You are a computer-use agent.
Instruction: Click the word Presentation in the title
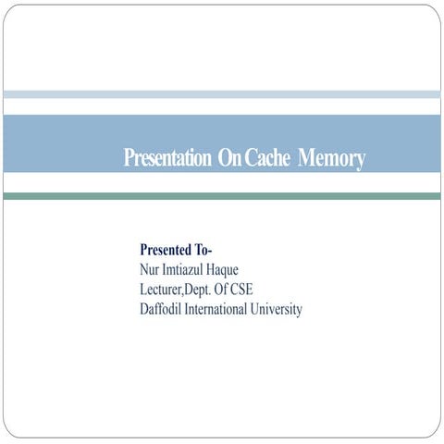167,157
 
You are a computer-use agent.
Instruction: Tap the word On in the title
229,157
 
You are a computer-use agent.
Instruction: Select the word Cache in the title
267,157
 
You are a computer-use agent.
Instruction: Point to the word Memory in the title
331,159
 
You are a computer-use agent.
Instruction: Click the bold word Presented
166,250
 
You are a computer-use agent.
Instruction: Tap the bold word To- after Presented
203,250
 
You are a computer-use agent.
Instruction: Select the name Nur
150,269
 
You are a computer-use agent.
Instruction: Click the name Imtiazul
182,269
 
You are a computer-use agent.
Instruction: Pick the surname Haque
222,271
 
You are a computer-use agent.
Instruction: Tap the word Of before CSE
221,290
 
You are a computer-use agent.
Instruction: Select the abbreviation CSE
242,290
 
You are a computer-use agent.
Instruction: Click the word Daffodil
160,309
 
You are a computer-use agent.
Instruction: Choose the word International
216,309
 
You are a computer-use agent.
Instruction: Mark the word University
276,310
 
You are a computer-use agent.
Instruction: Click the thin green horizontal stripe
222,196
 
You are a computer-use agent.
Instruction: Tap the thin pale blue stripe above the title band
222,94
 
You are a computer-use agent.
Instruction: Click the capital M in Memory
306,157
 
